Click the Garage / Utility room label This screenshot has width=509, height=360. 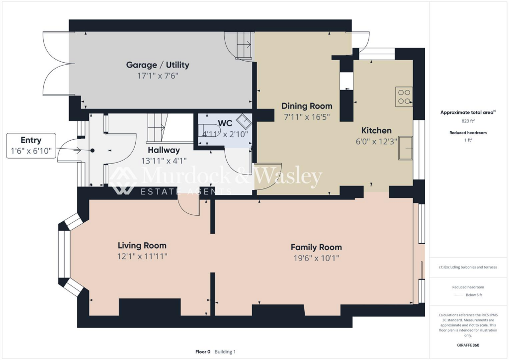pyautogui.click(x=158, y=65)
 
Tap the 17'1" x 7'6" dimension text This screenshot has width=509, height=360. pyautogui.click(x=158, y=76)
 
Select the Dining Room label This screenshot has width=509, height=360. pyautogui.click(x=307, y=106)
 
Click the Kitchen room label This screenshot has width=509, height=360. pyautogui.click(x=376, y=130)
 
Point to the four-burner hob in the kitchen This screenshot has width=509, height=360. pyautogui.click(x=404, y=97)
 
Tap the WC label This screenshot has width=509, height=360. pyautogui.click(x=225, y=122)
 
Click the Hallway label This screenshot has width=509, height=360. pyautogui.click(x=164, y=150)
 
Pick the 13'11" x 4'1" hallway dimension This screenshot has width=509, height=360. pyautogui.click(x=164, y=161)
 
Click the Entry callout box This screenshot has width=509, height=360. pyautogui.click(x=31, y=146)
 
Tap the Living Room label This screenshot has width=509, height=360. pyautogui.click(x=142, y=245)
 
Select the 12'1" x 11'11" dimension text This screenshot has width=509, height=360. pyautogui.click(x=142, y=257)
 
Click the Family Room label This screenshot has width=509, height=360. pyautogui.click(x=316, y=247)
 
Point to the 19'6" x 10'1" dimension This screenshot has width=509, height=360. pyautogui.click(x=316, y=258)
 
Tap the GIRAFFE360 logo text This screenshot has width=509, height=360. pyautogui.click(x=468, y=345)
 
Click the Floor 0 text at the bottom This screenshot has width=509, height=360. pyautogui.click(x=203, y=352)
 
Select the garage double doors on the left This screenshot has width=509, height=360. pyautogui.click(x=55, y=65)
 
